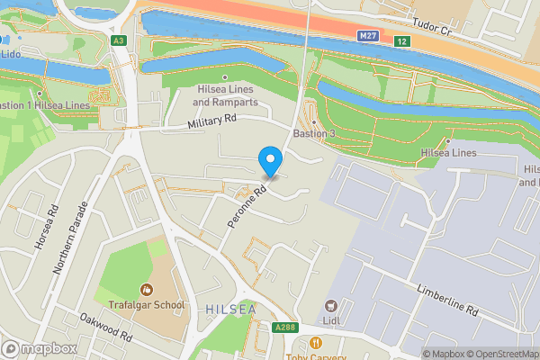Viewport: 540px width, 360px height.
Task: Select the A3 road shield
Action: tap(119, 40)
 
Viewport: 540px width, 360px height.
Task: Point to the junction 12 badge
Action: tap(400, 42)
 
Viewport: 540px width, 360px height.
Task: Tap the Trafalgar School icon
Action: tap(146, 290)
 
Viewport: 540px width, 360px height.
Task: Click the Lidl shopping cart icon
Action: tap(330, 308)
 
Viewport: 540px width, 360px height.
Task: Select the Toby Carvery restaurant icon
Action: tap(315, 343)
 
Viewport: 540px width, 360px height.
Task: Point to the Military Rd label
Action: tap(211, 121)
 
